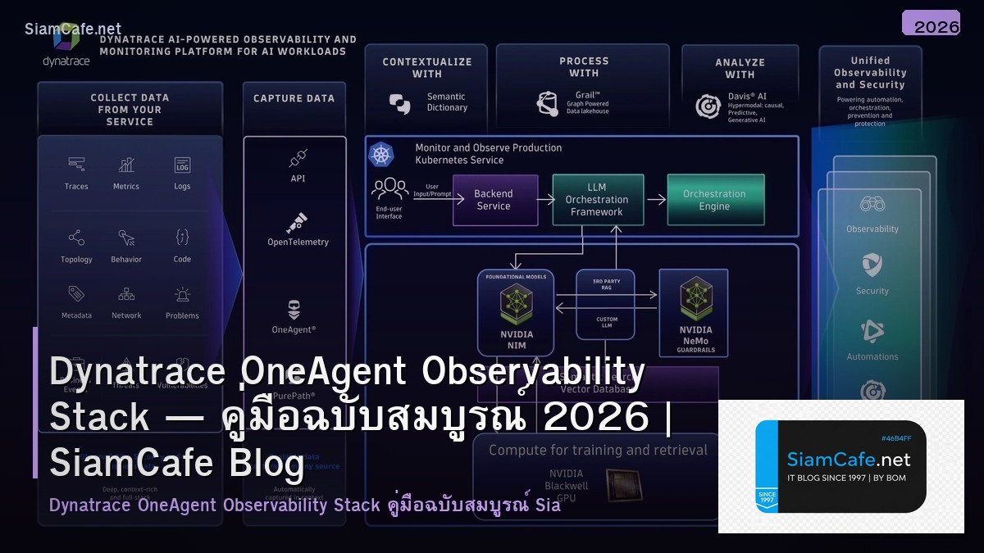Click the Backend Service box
pos(494,200)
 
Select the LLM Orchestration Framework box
pos(596,200)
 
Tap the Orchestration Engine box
pos(714,200)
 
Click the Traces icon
pos(76,165)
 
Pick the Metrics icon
pos(126,165)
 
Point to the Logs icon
pos(182,165)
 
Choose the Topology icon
pos(76,238)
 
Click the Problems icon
pos(182,294)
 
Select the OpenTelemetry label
pos(298,242)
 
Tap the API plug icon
pos(298,158)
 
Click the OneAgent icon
pos(294,310)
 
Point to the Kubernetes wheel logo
pos(381,154)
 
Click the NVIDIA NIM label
pos(517,339)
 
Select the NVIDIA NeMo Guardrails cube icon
pos(696,301)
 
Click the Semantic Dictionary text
pos(447,102)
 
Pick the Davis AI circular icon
pos(708,107)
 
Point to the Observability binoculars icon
pos(872,205)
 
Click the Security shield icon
pos(872,265)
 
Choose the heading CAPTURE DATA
pos(294,98)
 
